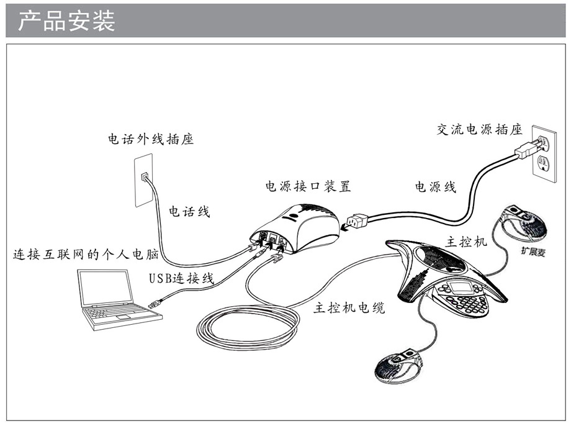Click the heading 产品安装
67,21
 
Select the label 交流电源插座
479,129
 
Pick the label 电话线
189,212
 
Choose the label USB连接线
181,278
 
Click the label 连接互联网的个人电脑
86,255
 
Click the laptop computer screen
107,288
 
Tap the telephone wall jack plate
144,181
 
